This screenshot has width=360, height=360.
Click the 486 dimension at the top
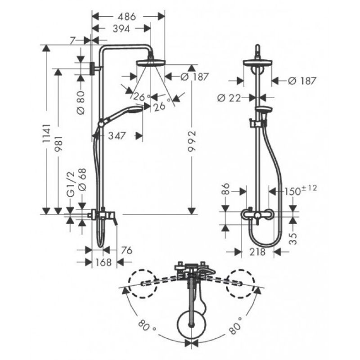127,17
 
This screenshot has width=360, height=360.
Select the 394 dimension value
121,29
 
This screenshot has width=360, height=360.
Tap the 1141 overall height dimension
47,134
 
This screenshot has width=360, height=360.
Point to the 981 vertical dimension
59,144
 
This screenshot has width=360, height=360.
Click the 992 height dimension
192,141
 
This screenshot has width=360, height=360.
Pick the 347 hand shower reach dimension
117,136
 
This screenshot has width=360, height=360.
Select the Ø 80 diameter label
81,103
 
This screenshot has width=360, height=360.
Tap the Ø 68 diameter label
82,180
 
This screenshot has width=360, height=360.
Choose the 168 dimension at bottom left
103,262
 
